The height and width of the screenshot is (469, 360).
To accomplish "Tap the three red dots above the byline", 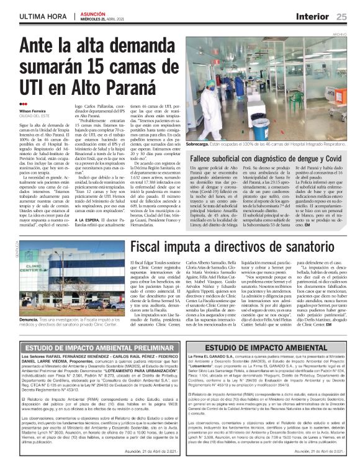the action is [x=23, y=104].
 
